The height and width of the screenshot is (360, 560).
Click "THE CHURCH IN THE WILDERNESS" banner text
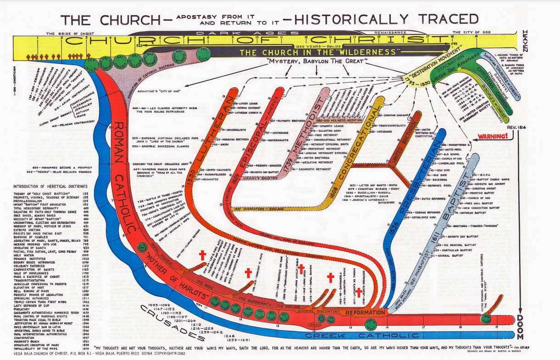(x=321, y=52)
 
